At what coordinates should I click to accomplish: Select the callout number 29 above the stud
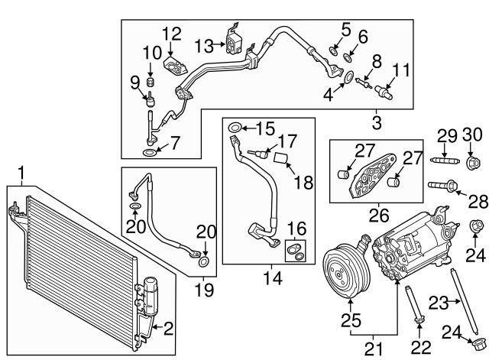447,136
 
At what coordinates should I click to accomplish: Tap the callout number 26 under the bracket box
376,213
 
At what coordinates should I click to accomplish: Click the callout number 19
204,290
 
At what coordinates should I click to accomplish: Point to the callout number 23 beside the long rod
437,303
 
